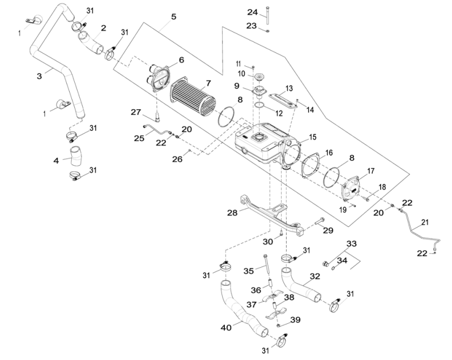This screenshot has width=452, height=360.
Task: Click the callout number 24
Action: pyautogui.click(x=252, y=12)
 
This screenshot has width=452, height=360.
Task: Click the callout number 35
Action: pyautogui.click(x=247, y=271)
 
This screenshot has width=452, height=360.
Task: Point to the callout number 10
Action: pyautogui.click(x=241, y=74)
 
